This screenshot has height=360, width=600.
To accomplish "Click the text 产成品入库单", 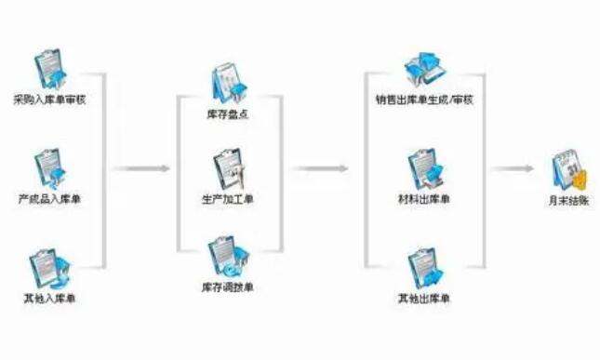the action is (x=49, y=198).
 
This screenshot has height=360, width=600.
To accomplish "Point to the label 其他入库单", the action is (x=49, y=298).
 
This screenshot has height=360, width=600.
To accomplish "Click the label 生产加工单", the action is (x=228, y=198).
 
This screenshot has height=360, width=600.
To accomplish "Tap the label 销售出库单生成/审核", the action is (x=424, y=99).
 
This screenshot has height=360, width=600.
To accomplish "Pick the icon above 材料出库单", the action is (x=424, y=168).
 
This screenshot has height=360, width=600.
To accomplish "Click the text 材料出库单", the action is (x=424, y=198).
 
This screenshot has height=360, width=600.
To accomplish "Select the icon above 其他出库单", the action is (x=424, y=268).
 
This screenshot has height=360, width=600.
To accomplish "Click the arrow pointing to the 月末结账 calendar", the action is (x=513, y=169).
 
